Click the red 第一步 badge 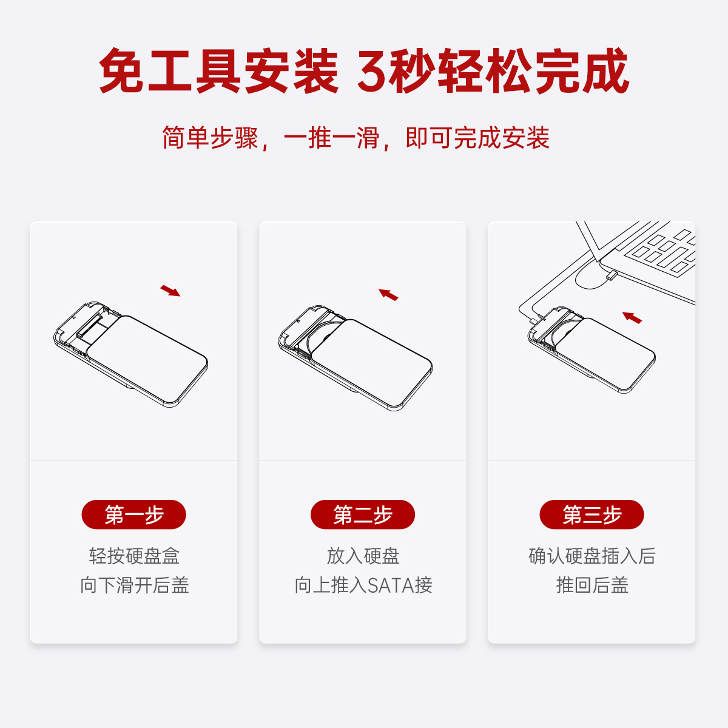tap(133, 514)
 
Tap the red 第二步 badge tap(363, 514)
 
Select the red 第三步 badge tap(591, 514)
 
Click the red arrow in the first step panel tap(170, 291)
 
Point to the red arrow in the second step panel tap(388, 295)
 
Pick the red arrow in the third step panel tap(632, 318)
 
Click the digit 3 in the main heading tap(372, 70)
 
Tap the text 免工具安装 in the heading tap(218, 70)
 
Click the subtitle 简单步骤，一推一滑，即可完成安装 tap(356, 138)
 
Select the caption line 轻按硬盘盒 tap(134, 556)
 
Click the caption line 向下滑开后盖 tap(134, 585)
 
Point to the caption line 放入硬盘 tap(363, 556)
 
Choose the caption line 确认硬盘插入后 tap(591, 556)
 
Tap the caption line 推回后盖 tap(592, 585)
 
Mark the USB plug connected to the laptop tap(612, 275)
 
